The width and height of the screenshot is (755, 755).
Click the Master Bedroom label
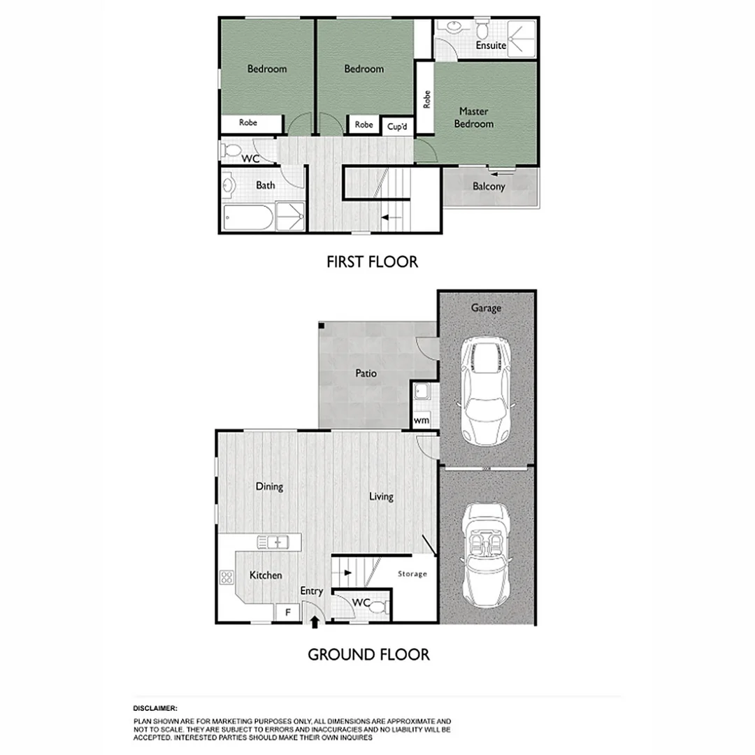tap(474, 117)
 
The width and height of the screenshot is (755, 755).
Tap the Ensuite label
tap(491, 45)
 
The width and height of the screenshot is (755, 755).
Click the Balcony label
tap(489, 187)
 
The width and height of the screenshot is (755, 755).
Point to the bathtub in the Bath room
tap(248, 217)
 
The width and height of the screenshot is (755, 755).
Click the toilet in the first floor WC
tap(231, 149)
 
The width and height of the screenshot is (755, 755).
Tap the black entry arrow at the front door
tap(315, 621)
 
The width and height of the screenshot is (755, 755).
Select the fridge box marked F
tap(286, 612)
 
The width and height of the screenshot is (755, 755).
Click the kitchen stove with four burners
tap(226, 577)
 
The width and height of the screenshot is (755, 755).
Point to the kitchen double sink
tap(273, 542)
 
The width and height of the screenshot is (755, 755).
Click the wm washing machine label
tap(422, 421)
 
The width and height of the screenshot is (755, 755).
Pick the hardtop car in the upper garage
tap(487, 391)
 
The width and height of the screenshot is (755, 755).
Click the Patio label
tap(366, 373)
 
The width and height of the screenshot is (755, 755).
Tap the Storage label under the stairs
tap(412, 574)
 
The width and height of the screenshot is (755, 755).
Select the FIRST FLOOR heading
tap(372, 262)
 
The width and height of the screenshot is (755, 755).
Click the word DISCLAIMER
tap(155, 708)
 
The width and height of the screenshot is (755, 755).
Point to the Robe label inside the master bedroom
tap(426, 99)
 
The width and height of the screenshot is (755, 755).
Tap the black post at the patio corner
tap(321, 326)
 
